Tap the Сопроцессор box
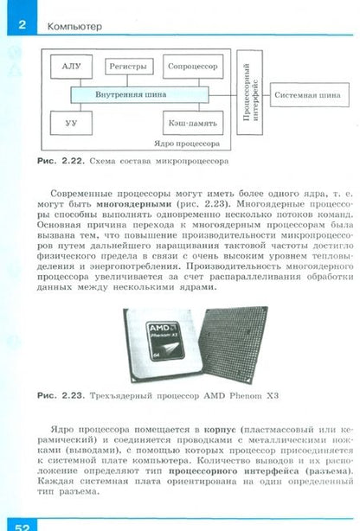(x=193, y=67)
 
